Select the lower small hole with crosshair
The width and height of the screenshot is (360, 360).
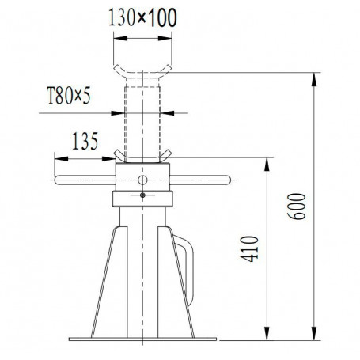point(142,195)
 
